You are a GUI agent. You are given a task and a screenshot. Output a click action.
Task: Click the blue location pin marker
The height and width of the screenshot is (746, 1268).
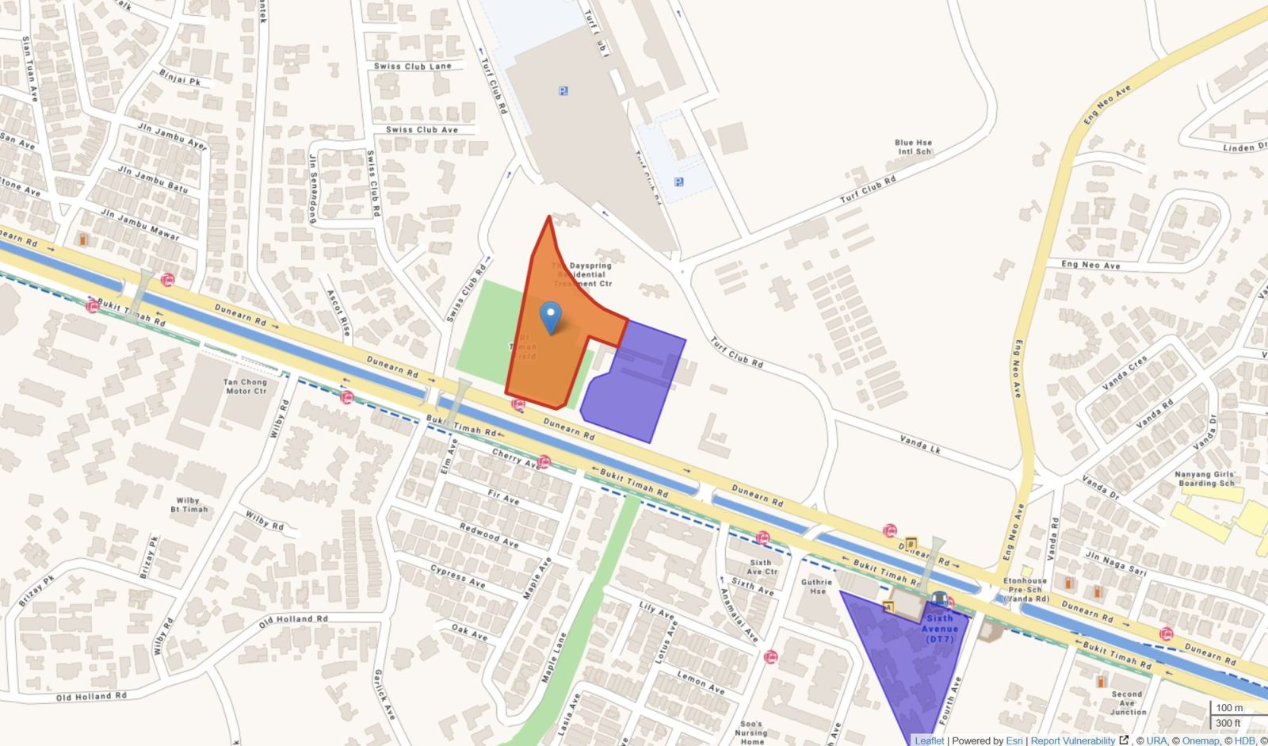pyautogui.click(x=550, y=317)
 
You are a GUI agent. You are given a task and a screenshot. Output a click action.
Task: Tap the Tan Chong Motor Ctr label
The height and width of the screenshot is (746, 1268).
pyautogui.click(x=246, y=386)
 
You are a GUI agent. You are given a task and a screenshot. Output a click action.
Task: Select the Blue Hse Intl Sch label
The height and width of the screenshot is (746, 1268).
pyautogui.click(x=913, y=147)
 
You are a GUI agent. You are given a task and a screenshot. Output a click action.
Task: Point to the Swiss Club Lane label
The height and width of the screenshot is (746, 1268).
pyautogui.click(x=412, y=67)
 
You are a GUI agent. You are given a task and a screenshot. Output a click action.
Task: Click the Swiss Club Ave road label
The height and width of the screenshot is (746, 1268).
pyautogui.click(x=422, y=130)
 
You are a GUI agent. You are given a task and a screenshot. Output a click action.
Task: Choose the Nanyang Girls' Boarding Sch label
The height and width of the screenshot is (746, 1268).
pyautogui.click(x=1205, y=479)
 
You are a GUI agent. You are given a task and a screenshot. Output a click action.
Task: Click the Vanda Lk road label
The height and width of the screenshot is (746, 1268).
pyautogui.click(x=920, y=444)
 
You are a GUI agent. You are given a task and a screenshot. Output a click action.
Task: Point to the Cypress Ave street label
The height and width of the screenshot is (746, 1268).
pyautogui.click(x=458, y=576)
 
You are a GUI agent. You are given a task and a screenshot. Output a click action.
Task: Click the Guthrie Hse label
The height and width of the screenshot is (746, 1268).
pyautogui.click(x=816, y=587)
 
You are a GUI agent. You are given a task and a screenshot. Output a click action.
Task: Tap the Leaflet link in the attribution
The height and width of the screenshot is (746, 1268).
pyautogui.click(x=929, y=740)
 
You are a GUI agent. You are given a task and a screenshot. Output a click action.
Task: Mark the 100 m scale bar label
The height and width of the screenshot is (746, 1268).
pyautogui.click(x=1229, y=708)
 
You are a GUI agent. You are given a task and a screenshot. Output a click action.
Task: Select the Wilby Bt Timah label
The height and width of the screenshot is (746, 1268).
pyautogui.click(x=189, y=505)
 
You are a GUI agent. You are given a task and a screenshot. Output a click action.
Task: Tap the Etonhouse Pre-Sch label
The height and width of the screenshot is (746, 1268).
pyautogui.click(x=1025, y=590)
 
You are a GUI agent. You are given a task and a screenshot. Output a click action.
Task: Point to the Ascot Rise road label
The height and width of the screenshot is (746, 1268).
pyautogui.click(x=338, y=312)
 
